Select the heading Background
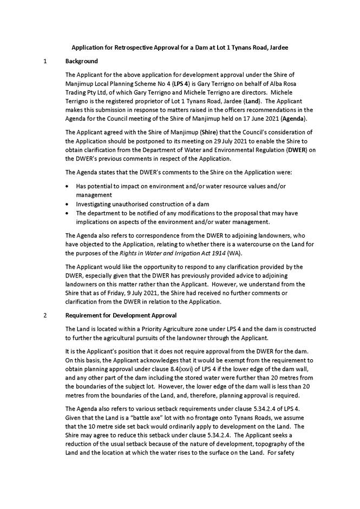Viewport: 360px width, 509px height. pos(82,61)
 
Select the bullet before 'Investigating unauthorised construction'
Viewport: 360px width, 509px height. pos(67,205)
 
